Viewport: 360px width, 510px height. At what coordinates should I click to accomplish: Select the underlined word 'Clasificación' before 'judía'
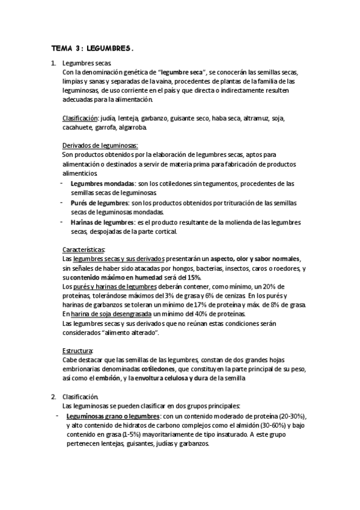click(x=80, y=118)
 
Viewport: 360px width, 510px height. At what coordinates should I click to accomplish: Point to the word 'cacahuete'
click(x=78, y=127)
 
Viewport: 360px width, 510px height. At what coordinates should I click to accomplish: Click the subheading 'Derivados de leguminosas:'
click(x=100, y=146)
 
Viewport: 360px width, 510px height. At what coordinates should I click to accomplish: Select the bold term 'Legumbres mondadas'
click(x=102, y=183)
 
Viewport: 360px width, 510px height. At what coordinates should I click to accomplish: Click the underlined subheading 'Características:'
click(x=84, y=250)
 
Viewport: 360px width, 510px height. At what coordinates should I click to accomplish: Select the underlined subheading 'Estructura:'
click(x=78, y=351)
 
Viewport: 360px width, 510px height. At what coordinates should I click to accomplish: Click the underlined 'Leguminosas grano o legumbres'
click(x=112, y=416)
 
